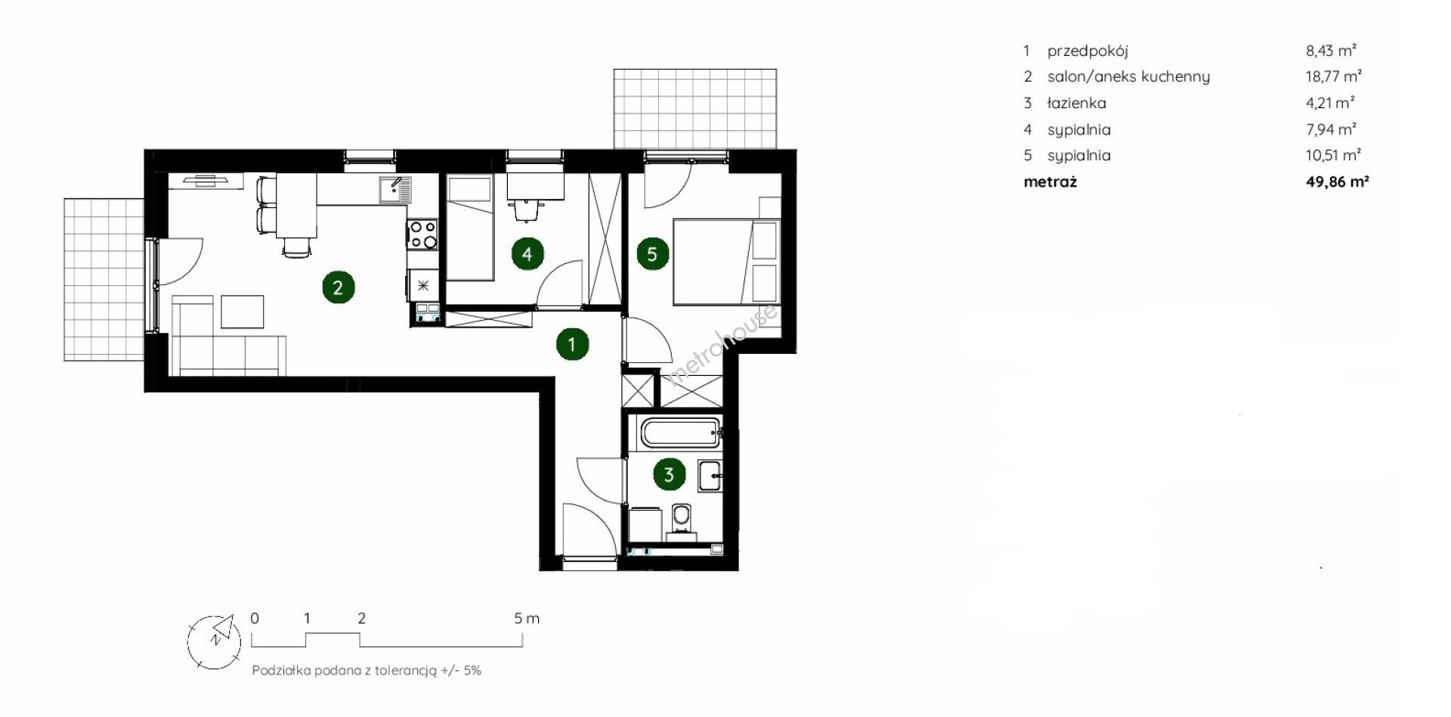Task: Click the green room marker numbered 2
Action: pyautogui.click(x=338, y=287)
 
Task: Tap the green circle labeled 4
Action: pyautogui.click(x=527, y=254)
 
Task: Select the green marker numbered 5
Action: pyautogui.click(x=652, y=254)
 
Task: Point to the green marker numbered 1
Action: pyautogui.click(x=572, y=345)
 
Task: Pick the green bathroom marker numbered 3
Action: pyautogui.click(x=669, y=475)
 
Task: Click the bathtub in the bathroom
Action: pyautogui.click(x=681, y=433)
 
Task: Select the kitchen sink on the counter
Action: pyautogui.click(x=394, y=190)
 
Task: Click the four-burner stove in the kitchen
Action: pyautogui.click(x=422, y=234)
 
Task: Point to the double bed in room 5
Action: pyautogui.click(x=726, y=262)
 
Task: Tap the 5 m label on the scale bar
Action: pyautogui.click(x=527, y=619)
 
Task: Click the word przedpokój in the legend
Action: pyautogui.click(x=1087, y=51)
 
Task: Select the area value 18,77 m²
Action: pyautogui.click(x=1333, y=76)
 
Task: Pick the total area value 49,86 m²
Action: pyautogui.click(x=1337, y=182)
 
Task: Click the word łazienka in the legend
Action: pyautogui.click(x=1076, y=103)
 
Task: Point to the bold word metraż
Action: pyautogui.click(x=1050, y=182)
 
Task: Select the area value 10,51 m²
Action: pyautogui.click(x=1333, y=155)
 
